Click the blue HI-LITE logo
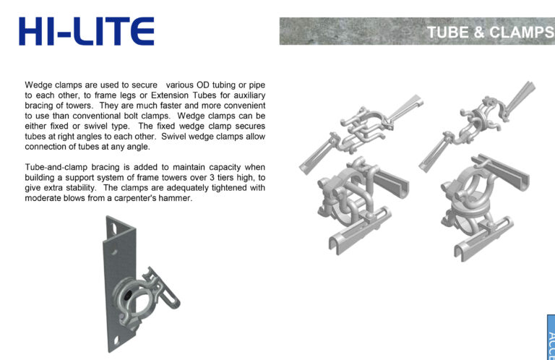(87, 31)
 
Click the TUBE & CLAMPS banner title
(491, 33)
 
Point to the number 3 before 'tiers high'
(211, 177)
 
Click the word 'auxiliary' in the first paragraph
(249, 96)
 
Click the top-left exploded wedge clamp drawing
(361, 134)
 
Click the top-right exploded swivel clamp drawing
(477, 126)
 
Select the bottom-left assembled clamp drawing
(363, 205)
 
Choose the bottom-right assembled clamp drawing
(485, 207)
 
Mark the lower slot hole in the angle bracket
(116, 340)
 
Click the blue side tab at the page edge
(551, 337)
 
